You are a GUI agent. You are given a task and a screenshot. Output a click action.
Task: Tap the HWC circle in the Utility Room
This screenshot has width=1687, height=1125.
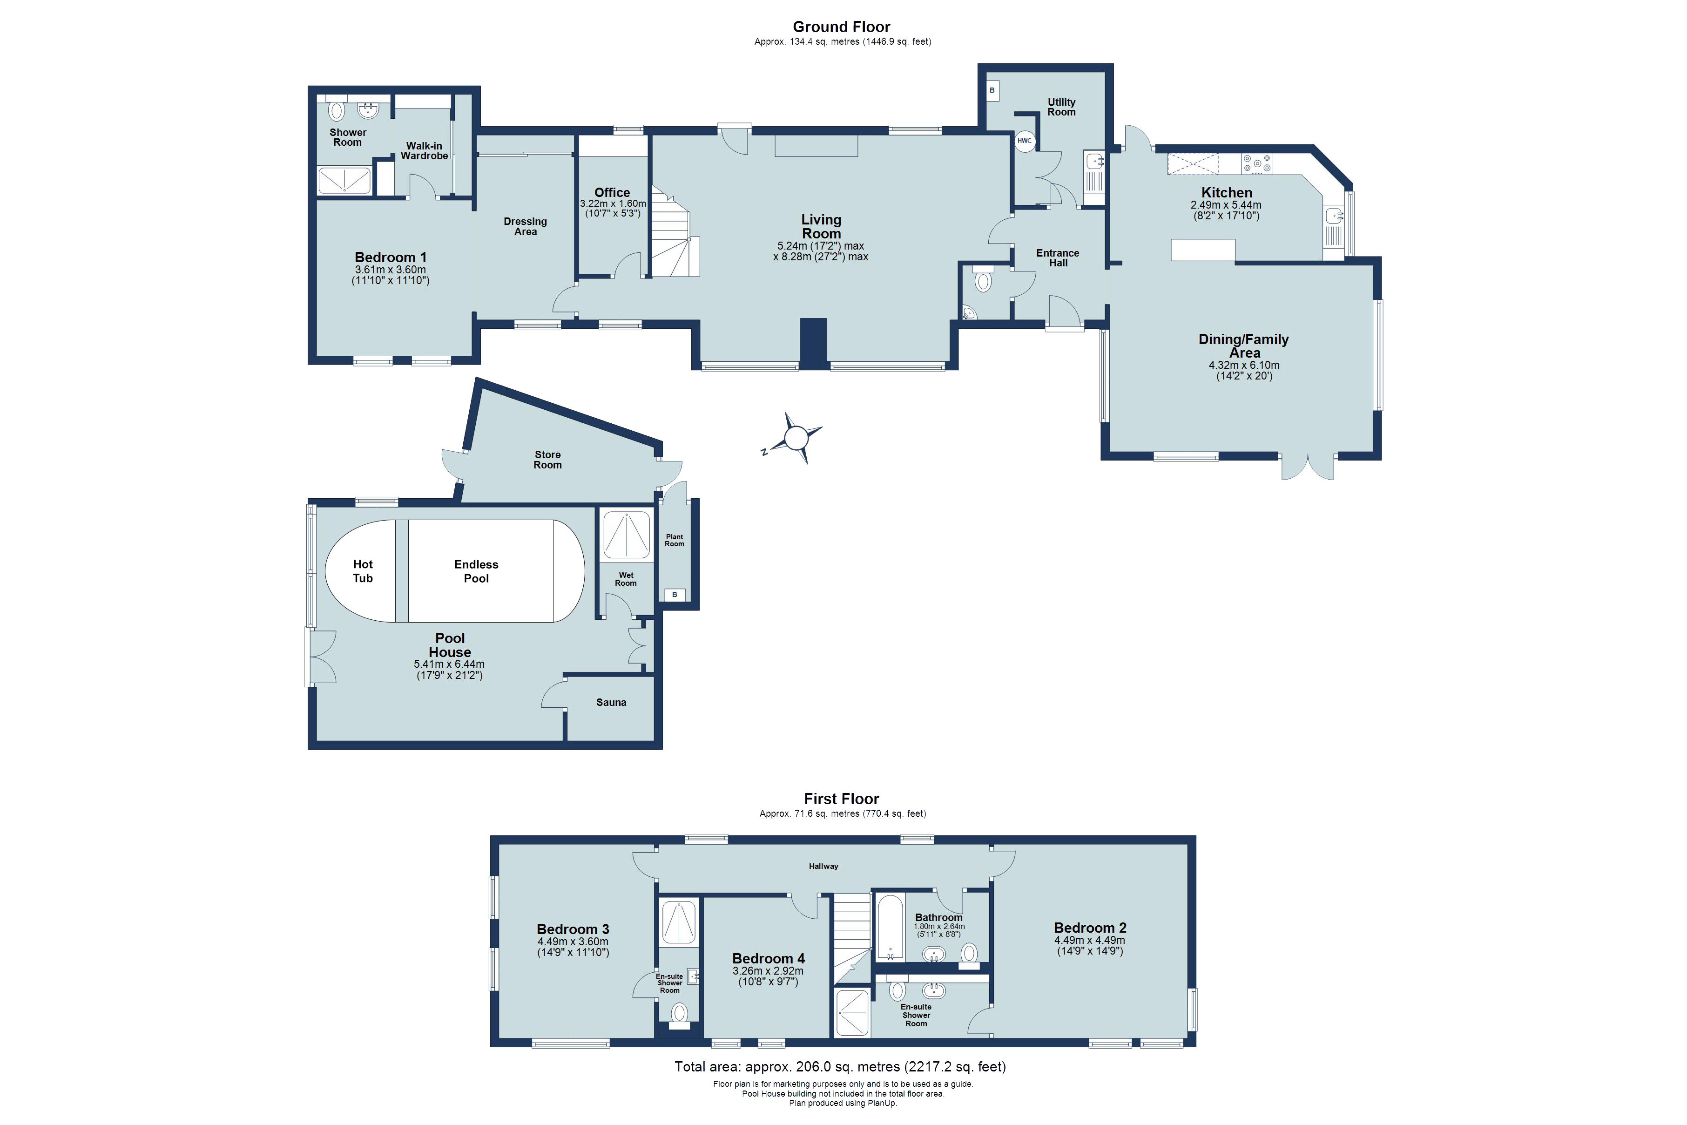[1024, 141]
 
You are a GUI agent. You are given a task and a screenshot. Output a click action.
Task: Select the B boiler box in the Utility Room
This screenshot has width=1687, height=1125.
[992, 90]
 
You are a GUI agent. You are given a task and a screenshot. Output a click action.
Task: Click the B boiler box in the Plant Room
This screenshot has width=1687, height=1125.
[674, 594]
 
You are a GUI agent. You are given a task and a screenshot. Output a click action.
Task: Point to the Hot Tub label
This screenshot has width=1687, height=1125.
[363, 571]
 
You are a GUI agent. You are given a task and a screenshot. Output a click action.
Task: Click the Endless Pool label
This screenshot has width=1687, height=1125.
[476, 571]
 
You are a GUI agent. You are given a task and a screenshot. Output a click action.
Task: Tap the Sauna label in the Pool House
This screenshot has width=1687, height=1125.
[611, 702]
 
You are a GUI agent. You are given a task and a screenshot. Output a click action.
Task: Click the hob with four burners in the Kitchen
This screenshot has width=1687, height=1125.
[1257, 164]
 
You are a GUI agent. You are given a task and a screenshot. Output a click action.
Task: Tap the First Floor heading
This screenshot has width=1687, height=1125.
[841, 799]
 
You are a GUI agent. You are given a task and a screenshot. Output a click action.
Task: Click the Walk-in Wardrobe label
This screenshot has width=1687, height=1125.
[424, 151]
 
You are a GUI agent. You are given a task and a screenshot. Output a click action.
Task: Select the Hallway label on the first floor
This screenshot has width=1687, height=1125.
[823, 866]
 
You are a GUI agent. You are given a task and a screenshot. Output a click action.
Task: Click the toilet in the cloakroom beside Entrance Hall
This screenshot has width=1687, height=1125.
[983, 280]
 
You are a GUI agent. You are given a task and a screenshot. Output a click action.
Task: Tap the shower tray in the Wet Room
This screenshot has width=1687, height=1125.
[627, 535]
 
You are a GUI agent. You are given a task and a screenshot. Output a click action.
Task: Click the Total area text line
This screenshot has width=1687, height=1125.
[840, 1067]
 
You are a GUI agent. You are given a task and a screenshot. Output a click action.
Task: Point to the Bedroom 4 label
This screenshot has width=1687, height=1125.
[768, 959]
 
